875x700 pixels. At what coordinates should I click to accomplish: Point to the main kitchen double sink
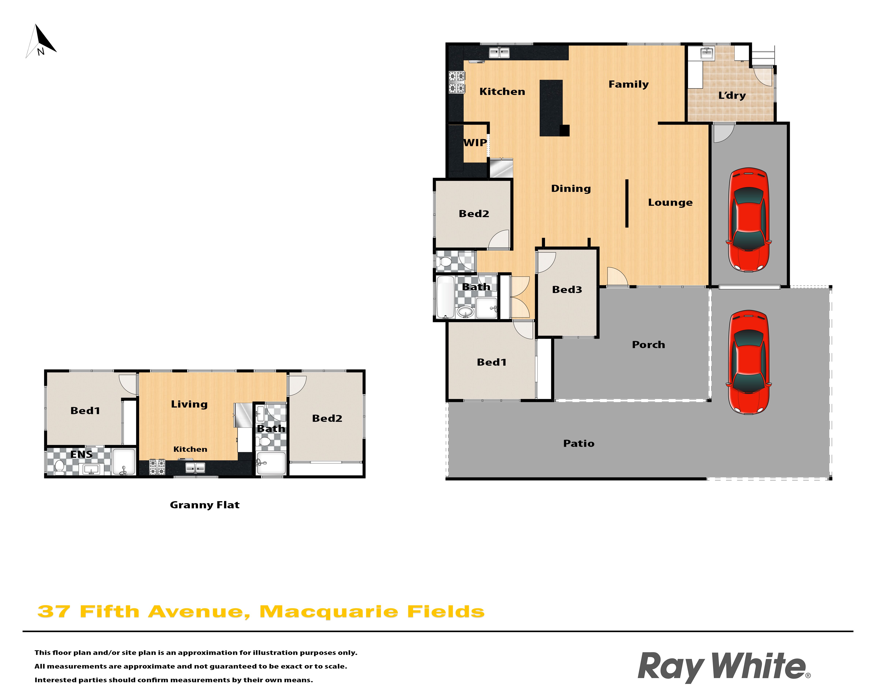(499, 52)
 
